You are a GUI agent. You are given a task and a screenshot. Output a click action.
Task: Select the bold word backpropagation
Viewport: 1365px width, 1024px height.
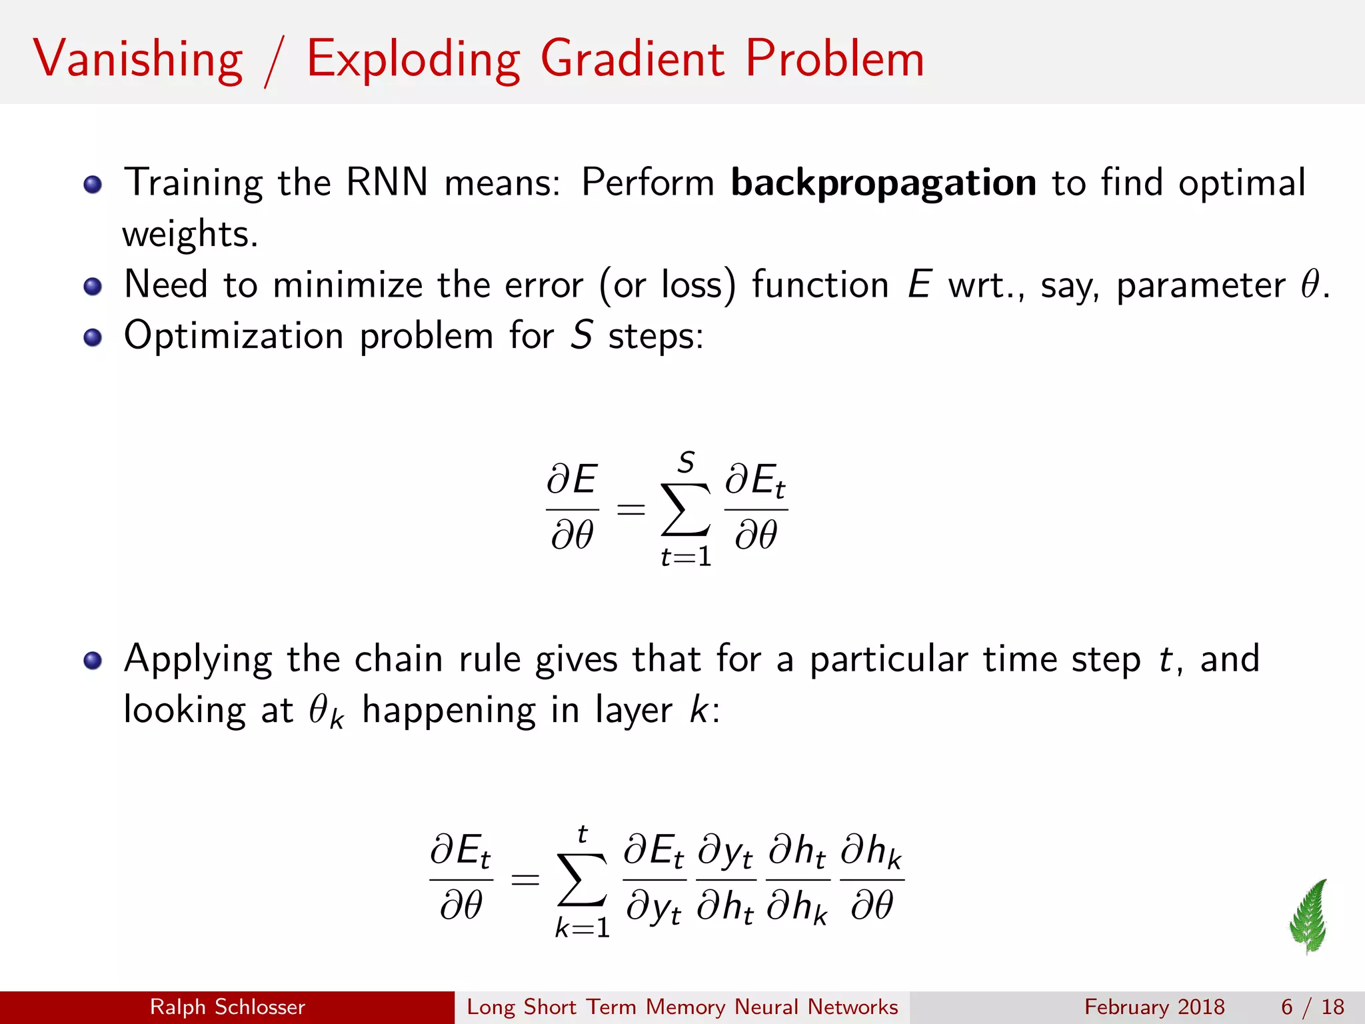[883, 183]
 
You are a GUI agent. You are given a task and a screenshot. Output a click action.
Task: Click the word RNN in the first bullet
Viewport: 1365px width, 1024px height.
[387, 183]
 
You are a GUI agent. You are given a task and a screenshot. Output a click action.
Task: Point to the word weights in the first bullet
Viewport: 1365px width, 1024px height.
[189, 235]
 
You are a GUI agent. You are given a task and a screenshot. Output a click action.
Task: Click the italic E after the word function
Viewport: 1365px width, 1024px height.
[919, 285]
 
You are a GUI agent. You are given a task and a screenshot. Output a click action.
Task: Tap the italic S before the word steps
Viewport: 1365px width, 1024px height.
[581, 335]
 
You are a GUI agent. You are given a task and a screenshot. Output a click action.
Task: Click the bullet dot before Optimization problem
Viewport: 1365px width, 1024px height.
[93, 338]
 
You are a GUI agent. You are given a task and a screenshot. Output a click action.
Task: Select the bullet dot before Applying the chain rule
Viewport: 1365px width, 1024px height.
[93, 661]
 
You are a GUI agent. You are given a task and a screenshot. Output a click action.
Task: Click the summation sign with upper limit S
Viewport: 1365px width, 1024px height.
[685, 510]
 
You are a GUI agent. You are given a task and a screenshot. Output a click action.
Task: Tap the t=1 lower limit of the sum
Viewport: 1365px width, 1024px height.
[686, 557]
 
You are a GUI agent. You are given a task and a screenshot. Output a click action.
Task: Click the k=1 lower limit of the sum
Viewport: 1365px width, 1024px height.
[583, 927]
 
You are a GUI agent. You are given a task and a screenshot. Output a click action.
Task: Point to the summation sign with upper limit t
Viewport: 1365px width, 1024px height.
[583, 880]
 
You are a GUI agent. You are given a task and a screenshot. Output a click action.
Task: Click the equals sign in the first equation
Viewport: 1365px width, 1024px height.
[631, 511]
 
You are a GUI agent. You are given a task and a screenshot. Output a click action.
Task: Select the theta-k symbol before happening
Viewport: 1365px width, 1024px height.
[325, 712]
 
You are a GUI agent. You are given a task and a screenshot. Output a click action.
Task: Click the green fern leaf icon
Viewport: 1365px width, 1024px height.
[1309, 916]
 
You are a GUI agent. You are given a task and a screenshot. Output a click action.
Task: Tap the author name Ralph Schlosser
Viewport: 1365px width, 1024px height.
[227, 1007]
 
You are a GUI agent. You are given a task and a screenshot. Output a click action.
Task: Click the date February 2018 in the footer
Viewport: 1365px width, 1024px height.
[1154, 1007]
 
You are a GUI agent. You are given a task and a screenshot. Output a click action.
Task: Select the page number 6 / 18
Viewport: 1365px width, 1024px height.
[1312, 1007]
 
